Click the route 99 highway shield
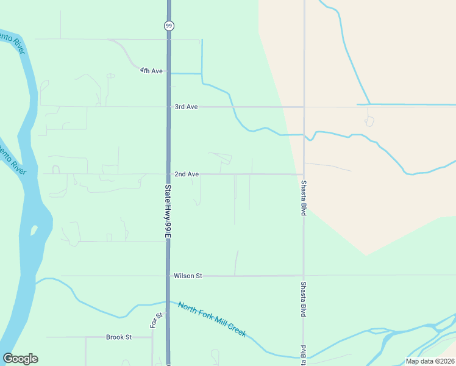[x=168, y=25]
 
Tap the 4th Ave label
[x=151, y=71]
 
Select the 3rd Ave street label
[x=186, y=107]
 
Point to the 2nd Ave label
[x=187, y=174]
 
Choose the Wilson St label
[x=188, y=276]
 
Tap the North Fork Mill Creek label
[x=212, y=319]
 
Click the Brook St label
[x=119, y=337]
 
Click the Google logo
[x=20, y=359]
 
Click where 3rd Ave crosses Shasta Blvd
[x=304, y=107]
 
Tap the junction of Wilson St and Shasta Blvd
[x=304, y=276]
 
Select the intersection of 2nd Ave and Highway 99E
[x=168, y=174]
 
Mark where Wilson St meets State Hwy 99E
[x=168, y=276]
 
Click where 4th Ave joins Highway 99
[x=168, y=73]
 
